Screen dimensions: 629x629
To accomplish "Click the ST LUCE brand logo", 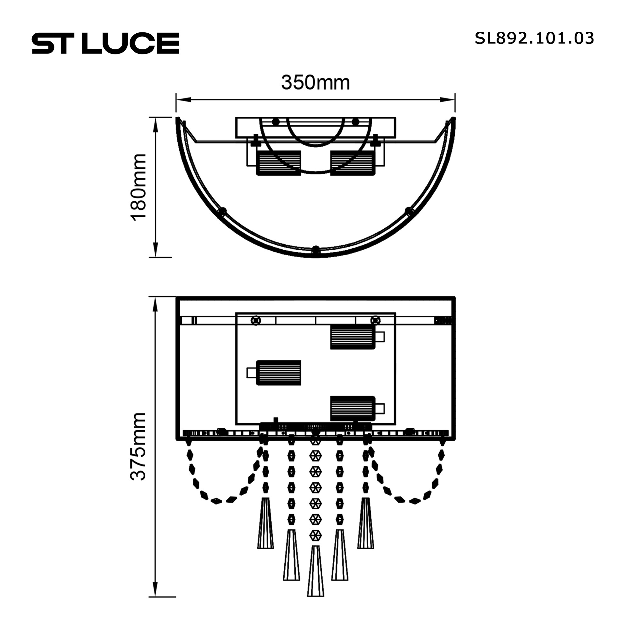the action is click(x=105, y=43).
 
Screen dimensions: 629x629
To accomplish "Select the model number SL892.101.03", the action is click(x=534, y=38).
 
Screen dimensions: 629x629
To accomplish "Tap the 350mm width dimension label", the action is click(x=315, y=82).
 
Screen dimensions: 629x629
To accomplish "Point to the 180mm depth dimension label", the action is click(x=138, y=187).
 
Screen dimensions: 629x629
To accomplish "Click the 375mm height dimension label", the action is click(x=138, y=447).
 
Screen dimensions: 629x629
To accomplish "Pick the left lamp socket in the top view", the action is click(x=279, y=163).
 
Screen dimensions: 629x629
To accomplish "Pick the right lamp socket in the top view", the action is click(x=353, y=163).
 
